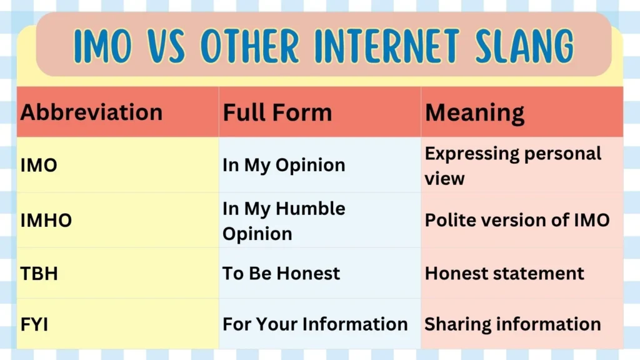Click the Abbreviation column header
pyautogui.click(x=91, y=112)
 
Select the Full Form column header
pyautogui.click(x=277, y=112)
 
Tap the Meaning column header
pyautogui.click(x=474, y=112)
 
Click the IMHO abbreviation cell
pyautogui.click(x=46, y=221)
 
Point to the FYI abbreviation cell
pyautogui.click(x=34, y=324)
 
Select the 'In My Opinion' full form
pyautogui.click(x=284, y=165)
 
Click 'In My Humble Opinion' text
pyautogui.click(x=284, y=221)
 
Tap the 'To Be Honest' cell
pyautogui.click(x=281, y=273)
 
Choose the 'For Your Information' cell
pyautogui.click(x=315, y=324)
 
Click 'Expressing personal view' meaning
pyautogui.click(x=512, y=166)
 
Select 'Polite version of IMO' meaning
pyautogui.click(x=517, y=220)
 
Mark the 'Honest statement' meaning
pyautogui.click(x=504, y=273)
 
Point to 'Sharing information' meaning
pyautogui.click(x=512, y=324)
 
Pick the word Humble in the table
pyautogui.click(x=313, y=208)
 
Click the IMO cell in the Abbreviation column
pyautogui.click(x=39, y=165)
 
